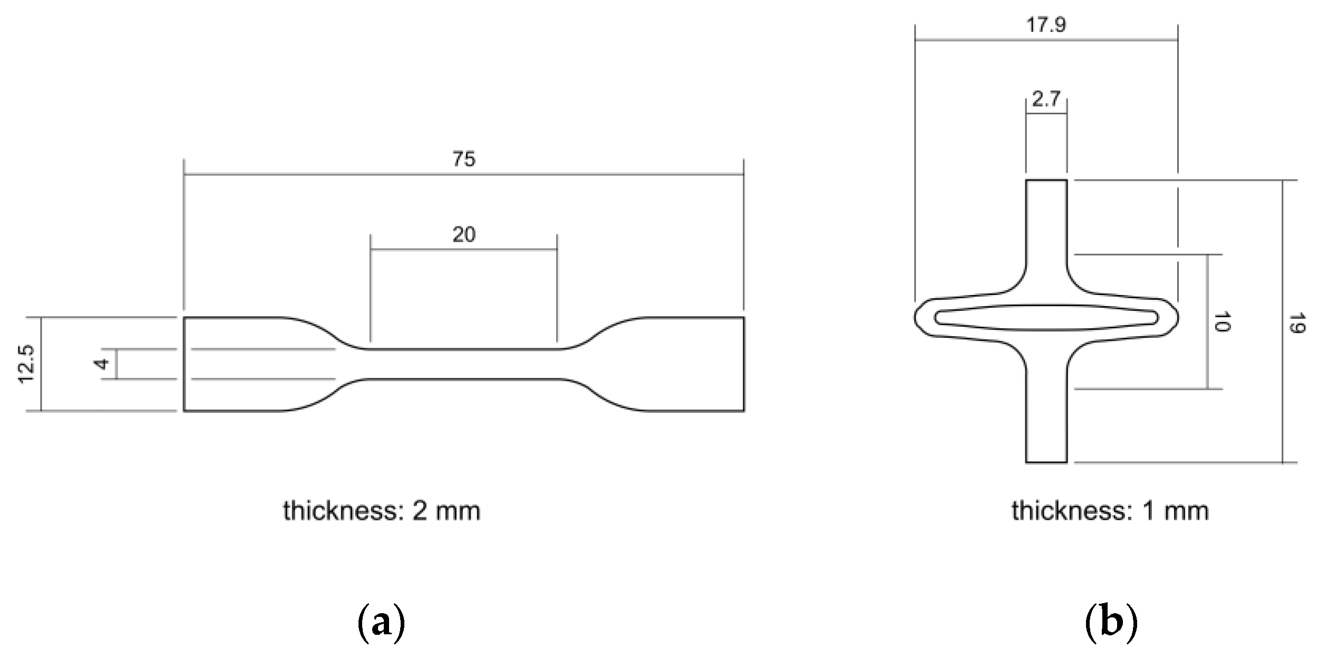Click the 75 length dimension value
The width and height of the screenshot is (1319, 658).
(464, 159)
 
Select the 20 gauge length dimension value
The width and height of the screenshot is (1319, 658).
(464, 234)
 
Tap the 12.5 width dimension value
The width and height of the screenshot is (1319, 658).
(26, 364)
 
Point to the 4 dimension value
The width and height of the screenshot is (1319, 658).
(102, 364)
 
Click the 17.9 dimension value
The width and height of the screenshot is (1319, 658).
(1046, 25)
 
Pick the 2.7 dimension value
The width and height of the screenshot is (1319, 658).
(1046, 99)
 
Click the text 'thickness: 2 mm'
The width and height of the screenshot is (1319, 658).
(382, 511)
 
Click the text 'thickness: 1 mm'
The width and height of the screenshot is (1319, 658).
(1110, 511)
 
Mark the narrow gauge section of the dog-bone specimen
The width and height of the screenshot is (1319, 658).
(464, 364)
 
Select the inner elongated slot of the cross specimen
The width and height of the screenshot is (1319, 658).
(1046, 317)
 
